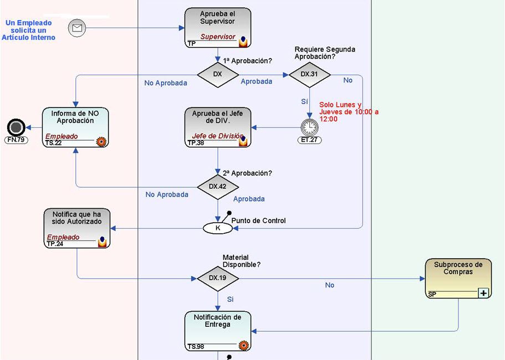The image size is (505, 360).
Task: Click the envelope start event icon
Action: [x=77, y=28]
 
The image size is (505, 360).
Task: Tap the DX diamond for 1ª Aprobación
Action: [x=217, y=74]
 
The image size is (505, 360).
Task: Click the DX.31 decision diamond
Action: [x=310, y=74]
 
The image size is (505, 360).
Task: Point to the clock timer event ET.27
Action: [x=310, y=127]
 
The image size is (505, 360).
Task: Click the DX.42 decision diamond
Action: [x=217, y=187]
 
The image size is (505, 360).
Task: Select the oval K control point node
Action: [x=217, y=228]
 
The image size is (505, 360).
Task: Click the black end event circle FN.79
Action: [x=16, y=127]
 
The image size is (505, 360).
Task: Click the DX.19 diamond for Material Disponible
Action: [x=217, y=277]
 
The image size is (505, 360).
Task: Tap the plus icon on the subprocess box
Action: [x=483, y=293]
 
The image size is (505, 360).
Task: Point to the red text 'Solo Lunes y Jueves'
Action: [x=348, y=112]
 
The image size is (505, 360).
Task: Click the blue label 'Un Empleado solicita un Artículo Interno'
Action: [x=28, y=30]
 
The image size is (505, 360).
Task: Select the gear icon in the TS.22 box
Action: [x=101, y=141]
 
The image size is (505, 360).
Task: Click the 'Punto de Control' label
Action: [x=258, y=220]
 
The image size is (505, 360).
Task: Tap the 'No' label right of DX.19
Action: [x=330, y=285]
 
